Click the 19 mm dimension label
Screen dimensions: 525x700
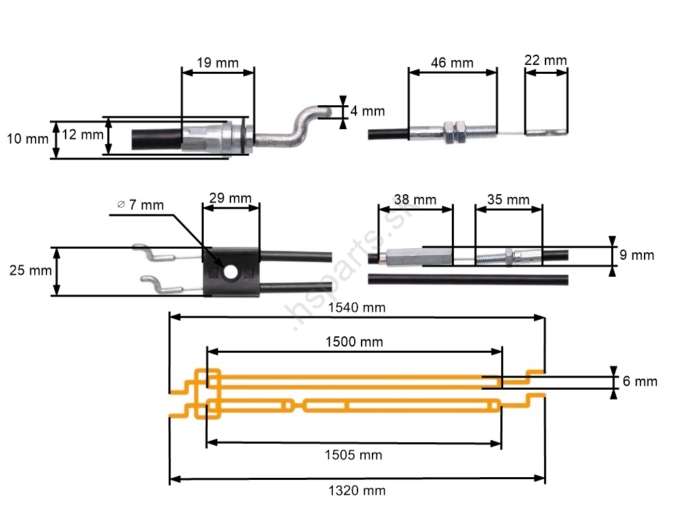(x=217, y=63)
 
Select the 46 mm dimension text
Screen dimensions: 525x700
(x=452, y=63)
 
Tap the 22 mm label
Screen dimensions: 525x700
(x=546, y=60)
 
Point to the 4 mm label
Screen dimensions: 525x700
(x=368, y=111)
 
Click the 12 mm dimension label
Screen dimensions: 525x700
(x=83, y=135)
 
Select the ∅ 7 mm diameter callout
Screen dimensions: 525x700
(x=140, y=204)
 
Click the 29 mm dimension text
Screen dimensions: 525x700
(x=230, y=198)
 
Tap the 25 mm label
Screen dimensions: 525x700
(x=31, y=271)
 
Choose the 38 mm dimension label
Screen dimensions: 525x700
(x=415, y=200)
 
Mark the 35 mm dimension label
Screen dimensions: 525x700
(x=508, y=200)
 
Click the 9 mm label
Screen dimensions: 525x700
(x=637, y=256)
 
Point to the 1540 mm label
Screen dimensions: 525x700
(x=357, y=308)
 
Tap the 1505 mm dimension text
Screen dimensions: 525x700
(x=353, y=455)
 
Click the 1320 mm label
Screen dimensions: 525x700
(x=357, y=490)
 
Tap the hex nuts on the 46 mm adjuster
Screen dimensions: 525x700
(x=455, y=132)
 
